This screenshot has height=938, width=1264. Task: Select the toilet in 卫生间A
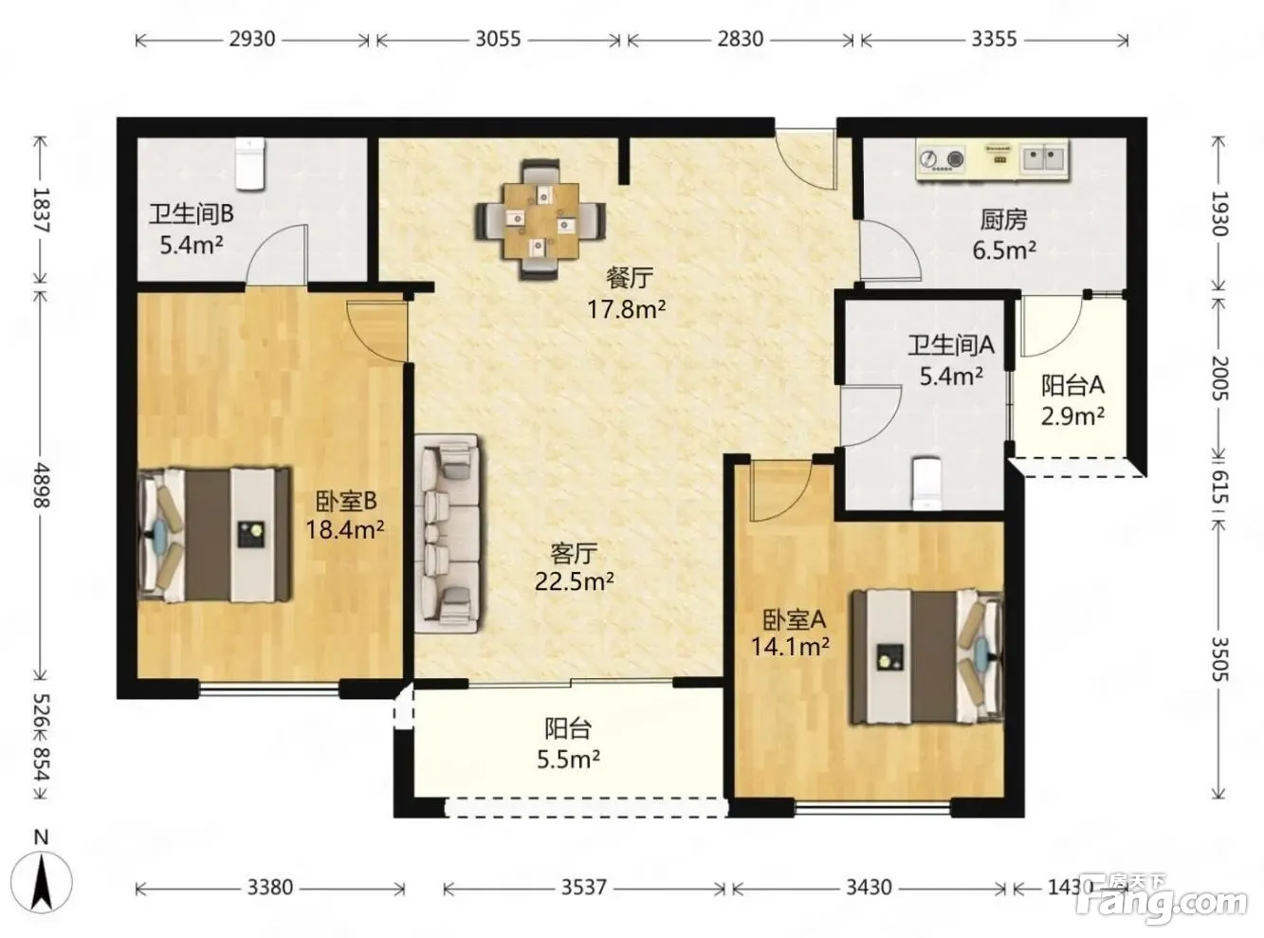[926, 483]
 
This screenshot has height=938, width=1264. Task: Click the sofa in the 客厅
[448, 533]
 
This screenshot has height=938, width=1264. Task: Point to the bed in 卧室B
[215, 535]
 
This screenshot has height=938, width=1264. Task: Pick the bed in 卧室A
[927, 657]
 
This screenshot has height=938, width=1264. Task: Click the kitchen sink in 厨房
[1043, 158]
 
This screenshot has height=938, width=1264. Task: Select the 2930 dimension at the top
[252, 39]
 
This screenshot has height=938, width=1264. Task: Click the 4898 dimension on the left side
[42, 485]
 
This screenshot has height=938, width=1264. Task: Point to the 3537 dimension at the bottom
[584, 887]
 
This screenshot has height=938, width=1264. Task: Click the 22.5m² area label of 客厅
[574, 581]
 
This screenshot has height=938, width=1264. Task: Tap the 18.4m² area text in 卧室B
[345, 530]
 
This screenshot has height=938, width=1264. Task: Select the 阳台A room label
[1072, 386]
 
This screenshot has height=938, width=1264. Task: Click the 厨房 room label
[1003, 220]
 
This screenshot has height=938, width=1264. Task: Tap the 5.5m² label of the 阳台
[568, 759]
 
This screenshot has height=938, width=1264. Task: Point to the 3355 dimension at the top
[994, 39]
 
